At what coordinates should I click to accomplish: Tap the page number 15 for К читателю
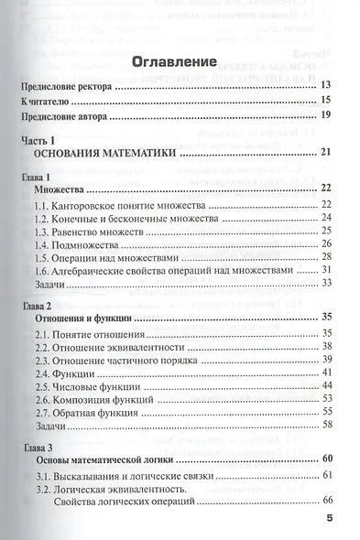coord(325,100)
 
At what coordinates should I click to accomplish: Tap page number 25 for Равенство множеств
coord(325,232)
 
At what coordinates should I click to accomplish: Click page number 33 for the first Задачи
coord(325,285)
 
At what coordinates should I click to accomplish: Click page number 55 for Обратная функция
coord(325,413)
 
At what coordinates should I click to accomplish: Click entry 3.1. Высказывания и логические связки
coord(124,475)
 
